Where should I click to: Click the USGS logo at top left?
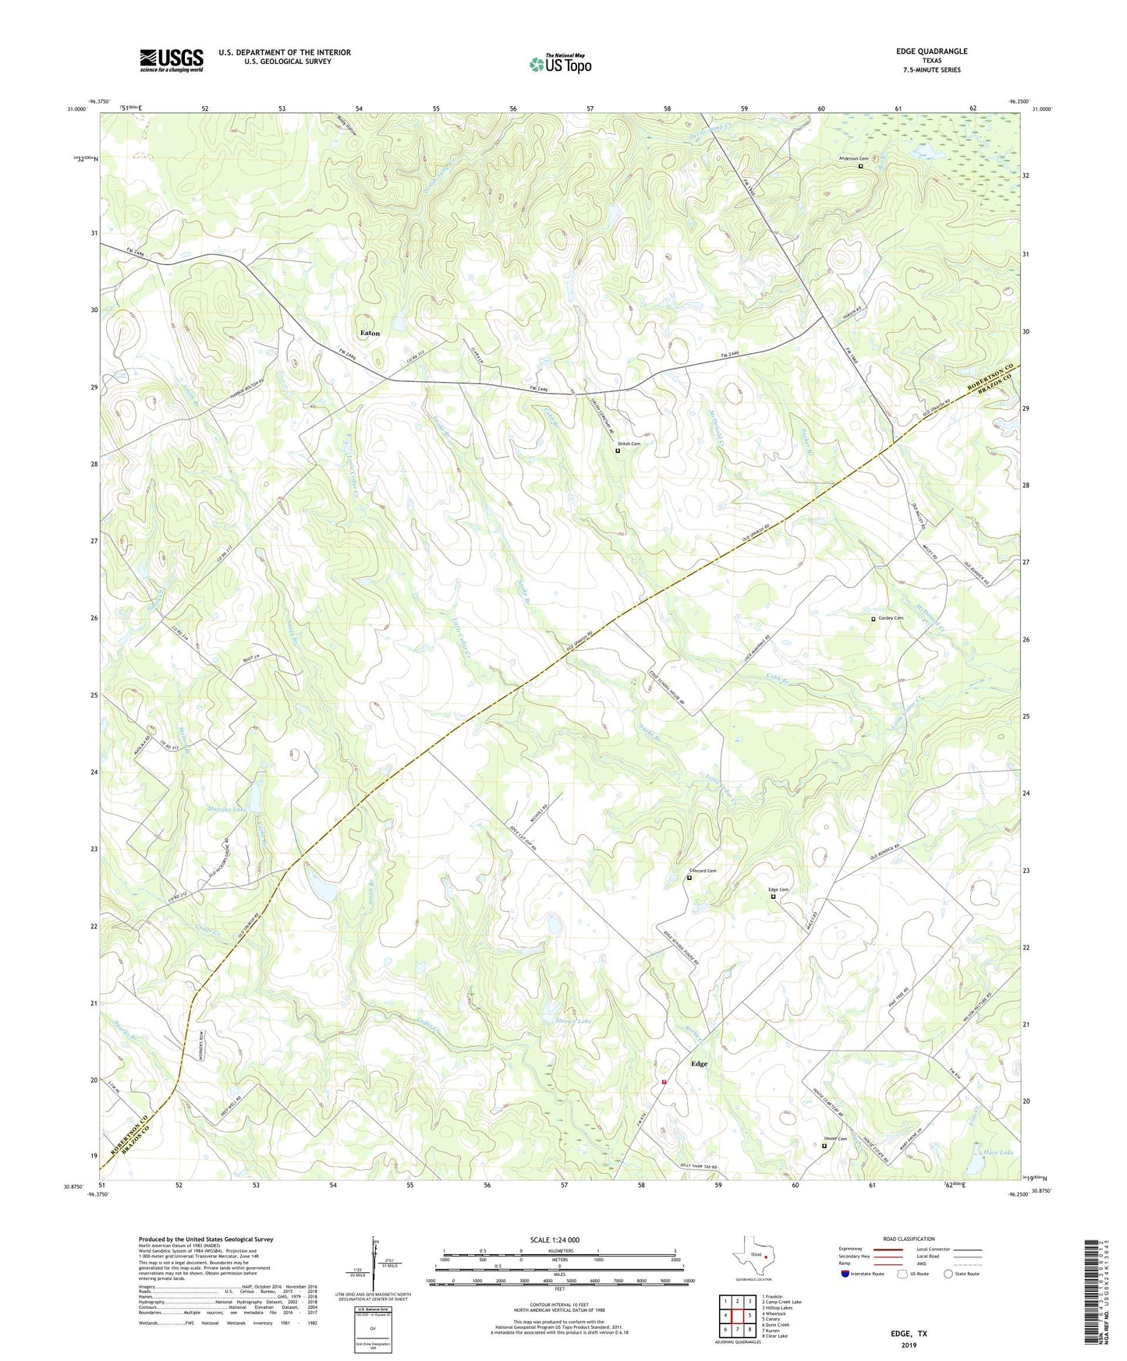pyautogui.click(x=172, y=60)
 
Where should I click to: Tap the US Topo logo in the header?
pyautogui.click(x=560, y=64)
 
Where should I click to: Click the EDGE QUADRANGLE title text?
pyautogui.click(x=931, y=51)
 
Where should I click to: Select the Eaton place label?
pyautogui.click(x=370, y=334)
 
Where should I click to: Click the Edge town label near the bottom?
pyautogui.click(x=699, y=1064)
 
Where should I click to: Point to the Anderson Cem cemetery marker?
pyautogui.click(x=861, y=166)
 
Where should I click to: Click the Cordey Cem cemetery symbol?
pyautogui.click(x=874, y=619)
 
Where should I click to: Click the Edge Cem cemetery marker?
pyautogui.click(x=773, y=896)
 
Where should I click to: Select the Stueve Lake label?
pyautogui.click(x=572, y=1021)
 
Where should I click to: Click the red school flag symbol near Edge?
pyautogui.click(x=664, y=1081)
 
